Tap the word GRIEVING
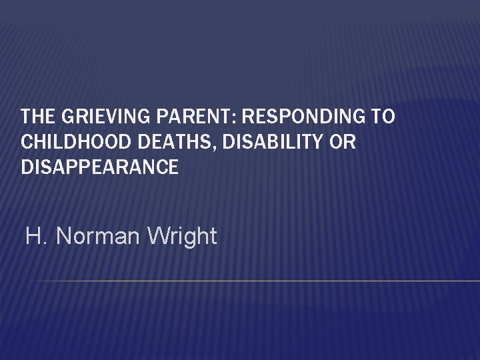click(92, 117)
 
